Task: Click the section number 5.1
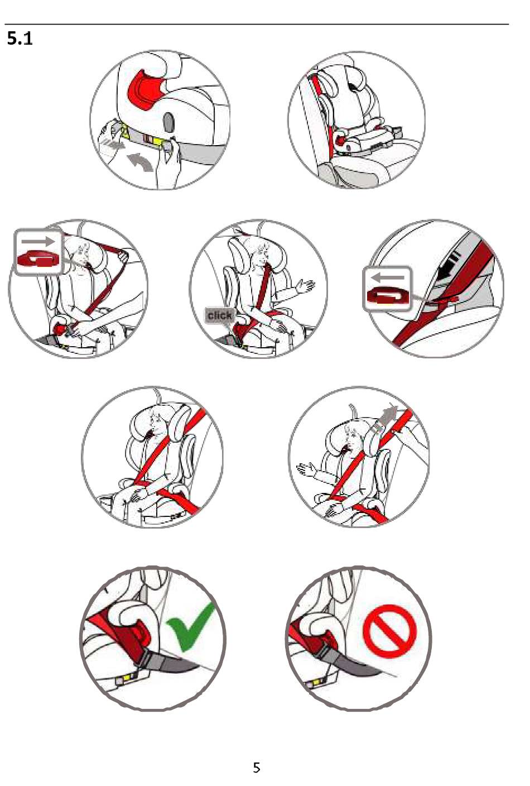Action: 20,39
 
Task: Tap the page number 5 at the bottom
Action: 257,768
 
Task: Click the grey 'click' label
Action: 220,315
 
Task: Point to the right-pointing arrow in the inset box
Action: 38,241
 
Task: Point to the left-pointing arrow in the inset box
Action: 387,278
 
